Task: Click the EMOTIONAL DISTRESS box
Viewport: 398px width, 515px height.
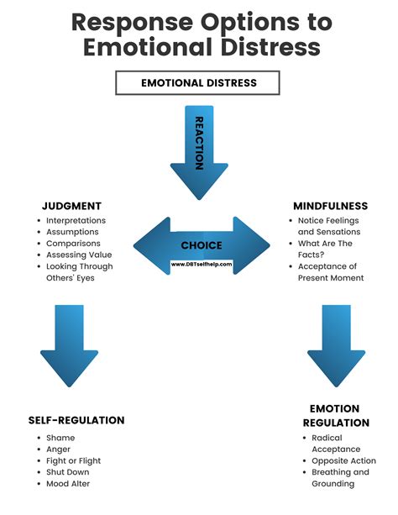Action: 198,82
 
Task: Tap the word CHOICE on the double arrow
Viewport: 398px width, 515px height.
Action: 202,245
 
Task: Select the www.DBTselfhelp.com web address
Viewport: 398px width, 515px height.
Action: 202,263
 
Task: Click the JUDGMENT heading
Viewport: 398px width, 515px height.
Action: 71,205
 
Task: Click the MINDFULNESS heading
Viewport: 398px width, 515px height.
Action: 329,205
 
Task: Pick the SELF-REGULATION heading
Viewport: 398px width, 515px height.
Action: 76,420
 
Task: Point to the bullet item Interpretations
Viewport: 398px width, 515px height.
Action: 77,220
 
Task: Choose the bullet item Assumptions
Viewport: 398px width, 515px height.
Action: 74,232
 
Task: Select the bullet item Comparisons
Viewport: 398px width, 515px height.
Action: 74,244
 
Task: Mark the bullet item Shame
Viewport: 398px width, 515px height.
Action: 61,438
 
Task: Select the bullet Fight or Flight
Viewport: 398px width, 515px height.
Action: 75,460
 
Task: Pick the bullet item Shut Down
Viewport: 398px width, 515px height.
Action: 69,472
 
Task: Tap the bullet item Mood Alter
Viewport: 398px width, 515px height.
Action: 69,483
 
